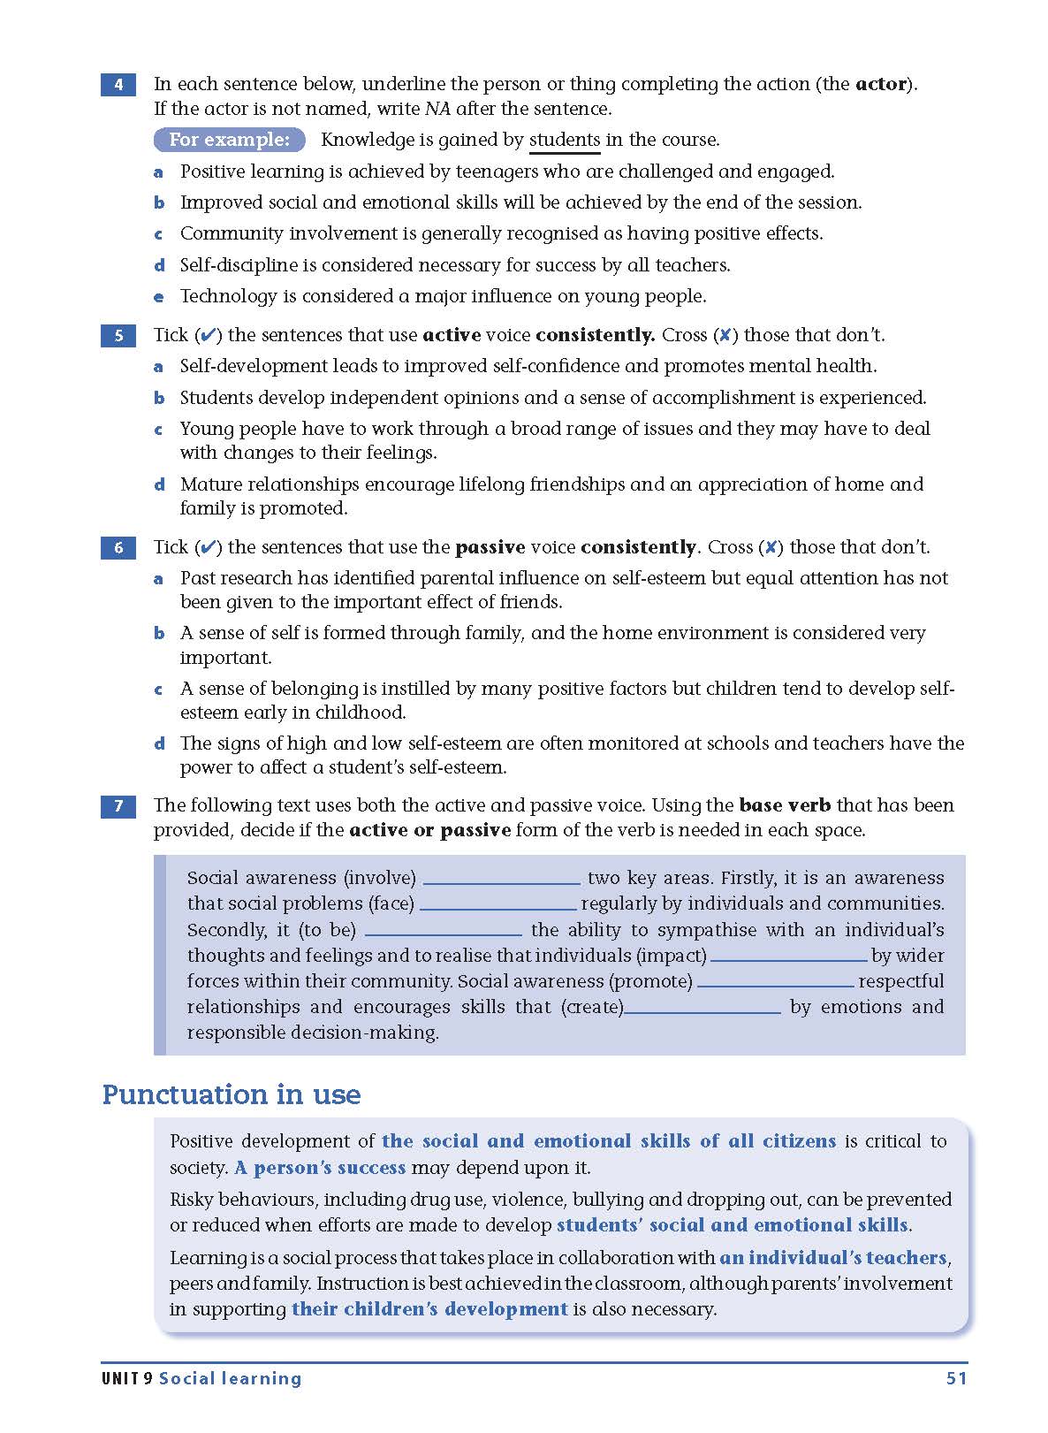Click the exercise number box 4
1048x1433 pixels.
point(118,85)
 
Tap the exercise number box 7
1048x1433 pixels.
point(118,806)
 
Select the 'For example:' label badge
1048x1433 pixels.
point(229,140)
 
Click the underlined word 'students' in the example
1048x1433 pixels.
point(564,140)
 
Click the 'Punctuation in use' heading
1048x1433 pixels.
point(232,1094)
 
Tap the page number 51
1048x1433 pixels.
point(956,1378)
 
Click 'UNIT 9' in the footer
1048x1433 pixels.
point(127,1378)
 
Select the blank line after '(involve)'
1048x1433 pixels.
point(501,880)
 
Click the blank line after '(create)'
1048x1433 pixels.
point(702,1010)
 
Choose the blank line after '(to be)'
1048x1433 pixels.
point(443,932)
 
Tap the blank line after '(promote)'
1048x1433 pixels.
point(775,984)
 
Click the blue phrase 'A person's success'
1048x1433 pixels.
point(320,1168)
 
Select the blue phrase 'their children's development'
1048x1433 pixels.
point(429,1309)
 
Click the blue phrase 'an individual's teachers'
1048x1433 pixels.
point(832,1258)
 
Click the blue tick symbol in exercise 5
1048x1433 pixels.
point(208,336)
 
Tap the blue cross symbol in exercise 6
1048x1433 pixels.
point(771,548)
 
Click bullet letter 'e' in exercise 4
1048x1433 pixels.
point(159,297)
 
